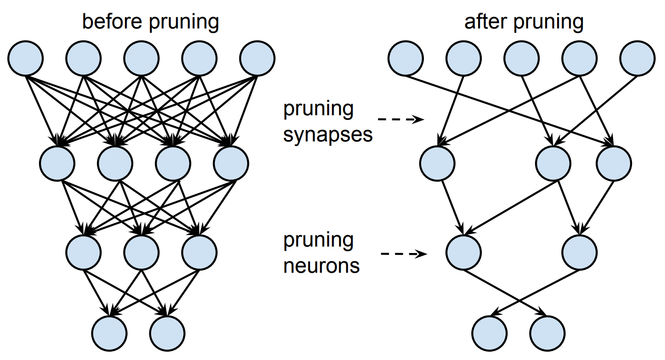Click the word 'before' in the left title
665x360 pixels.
point(108,22)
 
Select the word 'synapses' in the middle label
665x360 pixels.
point(328,135)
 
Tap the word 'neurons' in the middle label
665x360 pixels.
point(321,266)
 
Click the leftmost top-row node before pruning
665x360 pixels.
point(26,58)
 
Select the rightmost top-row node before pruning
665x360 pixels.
point(257,58)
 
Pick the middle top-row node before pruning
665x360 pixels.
point(141,58)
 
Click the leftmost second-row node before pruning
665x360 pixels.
point(57,163)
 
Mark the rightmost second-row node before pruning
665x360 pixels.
point(231,163)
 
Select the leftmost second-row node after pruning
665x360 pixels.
point(438,163)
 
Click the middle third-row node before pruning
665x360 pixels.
point(141,253)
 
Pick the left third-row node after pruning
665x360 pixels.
point(464,253)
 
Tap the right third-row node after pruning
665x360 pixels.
point(580,253)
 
